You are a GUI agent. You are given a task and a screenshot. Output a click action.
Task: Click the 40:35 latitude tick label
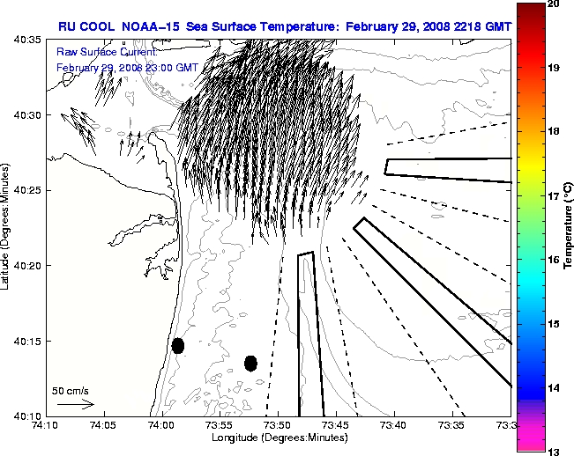click(27, 40)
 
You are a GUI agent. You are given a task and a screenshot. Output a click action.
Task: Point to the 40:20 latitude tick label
click(27, 266)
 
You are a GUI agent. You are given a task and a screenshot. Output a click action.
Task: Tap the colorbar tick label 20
click(555, 4)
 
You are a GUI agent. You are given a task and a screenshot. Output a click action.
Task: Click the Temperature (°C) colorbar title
click(569, 227)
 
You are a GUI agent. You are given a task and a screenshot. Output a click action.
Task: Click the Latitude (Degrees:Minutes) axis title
click(6, 227)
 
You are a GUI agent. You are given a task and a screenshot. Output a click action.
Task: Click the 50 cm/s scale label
click(70, 390)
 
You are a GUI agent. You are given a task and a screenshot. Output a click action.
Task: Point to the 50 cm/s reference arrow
click(75, 405)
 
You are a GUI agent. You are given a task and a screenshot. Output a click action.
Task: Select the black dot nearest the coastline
click(178, 345)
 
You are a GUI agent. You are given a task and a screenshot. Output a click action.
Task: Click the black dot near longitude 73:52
click(250, 363)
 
